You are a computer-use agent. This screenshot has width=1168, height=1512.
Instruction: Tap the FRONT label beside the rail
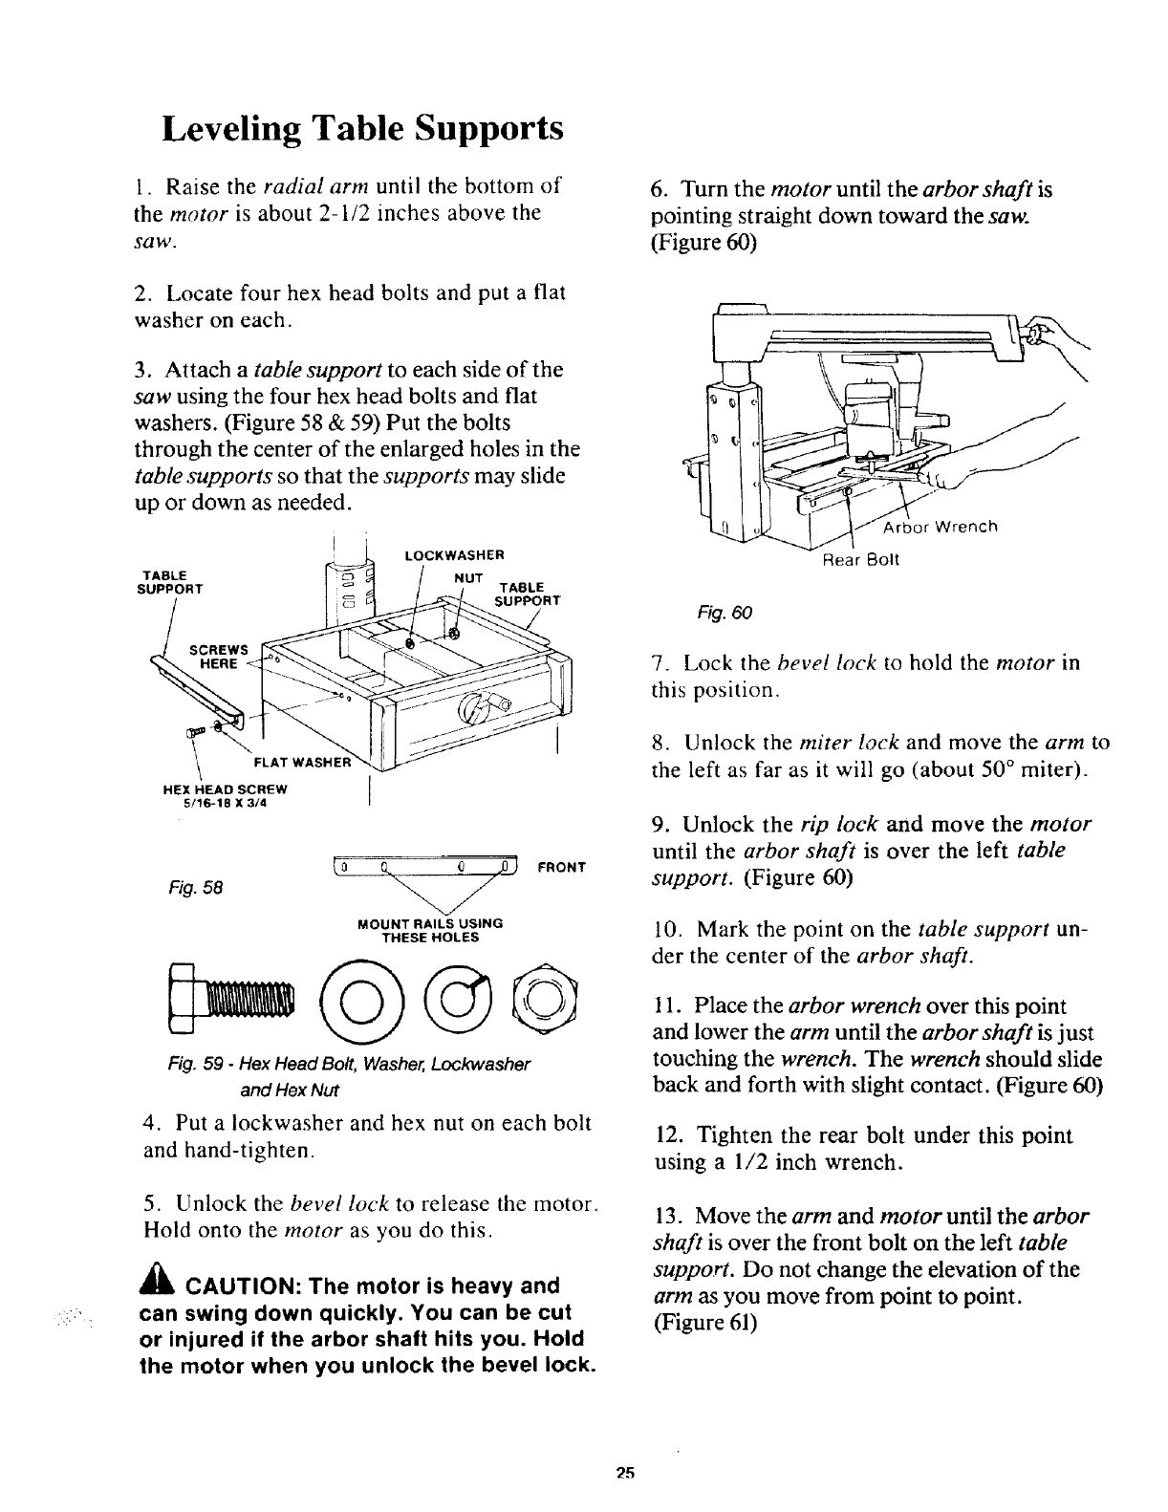coord(561,868)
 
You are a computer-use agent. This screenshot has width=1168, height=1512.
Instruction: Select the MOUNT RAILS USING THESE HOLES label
coord(428,930)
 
